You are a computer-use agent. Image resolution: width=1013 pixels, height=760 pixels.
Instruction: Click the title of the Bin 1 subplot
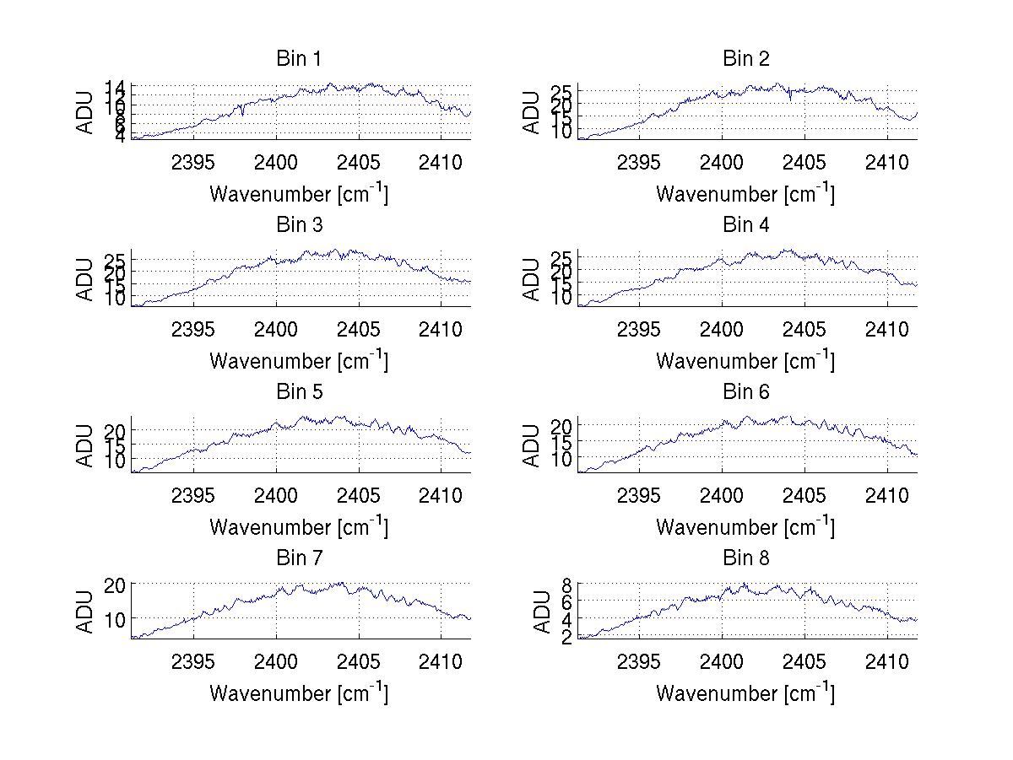tap(299, 59)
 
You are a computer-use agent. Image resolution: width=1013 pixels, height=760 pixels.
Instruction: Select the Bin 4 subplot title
tap(746, 225)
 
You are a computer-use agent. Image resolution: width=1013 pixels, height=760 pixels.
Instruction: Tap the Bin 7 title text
tap(299, 558)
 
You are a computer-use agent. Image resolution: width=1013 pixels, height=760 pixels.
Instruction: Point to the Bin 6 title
tap(746, 392)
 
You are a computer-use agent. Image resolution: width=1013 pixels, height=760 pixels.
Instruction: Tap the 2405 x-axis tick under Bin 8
tap(804, 660)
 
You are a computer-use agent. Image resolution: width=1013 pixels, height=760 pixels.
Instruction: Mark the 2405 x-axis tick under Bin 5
tap(359, 494)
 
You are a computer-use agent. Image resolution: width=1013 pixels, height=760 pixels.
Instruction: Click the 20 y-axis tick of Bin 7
tap(116, 585)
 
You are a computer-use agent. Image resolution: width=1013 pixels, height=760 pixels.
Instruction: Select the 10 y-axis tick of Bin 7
tap(116, 618)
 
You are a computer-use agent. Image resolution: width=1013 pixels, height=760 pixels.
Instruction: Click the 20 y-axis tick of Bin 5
tap(116, 430)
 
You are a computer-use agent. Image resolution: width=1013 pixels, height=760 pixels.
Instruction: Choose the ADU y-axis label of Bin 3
tap(86, 279)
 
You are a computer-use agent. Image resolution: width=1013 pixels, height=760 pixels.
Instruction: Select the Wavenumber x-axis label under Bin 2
tap(745, 194)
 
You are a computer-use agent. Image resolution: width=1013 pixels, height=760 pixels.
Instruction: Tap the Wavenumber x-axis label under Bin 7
tap(299, 693)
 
